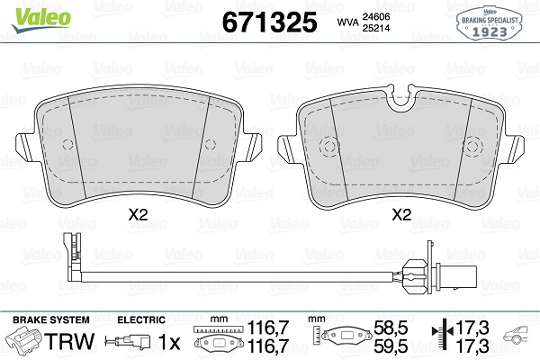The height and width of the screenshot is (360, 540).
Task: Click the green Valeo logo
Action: click(x=41, y=19)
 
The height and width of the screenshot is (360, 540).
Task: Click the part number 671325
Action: click(x=269, y=22)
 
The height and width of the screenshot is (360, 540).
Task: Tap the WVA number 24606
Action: click(x=375, y=16)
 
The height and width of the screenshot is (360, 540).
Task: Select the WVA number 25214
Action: click(x=375, y=28)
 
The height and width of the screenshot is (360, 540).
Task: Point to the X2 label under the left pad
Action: click(x=138, y=215)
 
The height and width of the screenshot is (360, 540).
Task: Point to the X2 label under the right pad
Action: click(x=401, y=215)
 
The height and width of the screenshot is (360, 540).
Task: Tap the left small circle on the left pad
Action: click(x=67, y=145)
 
